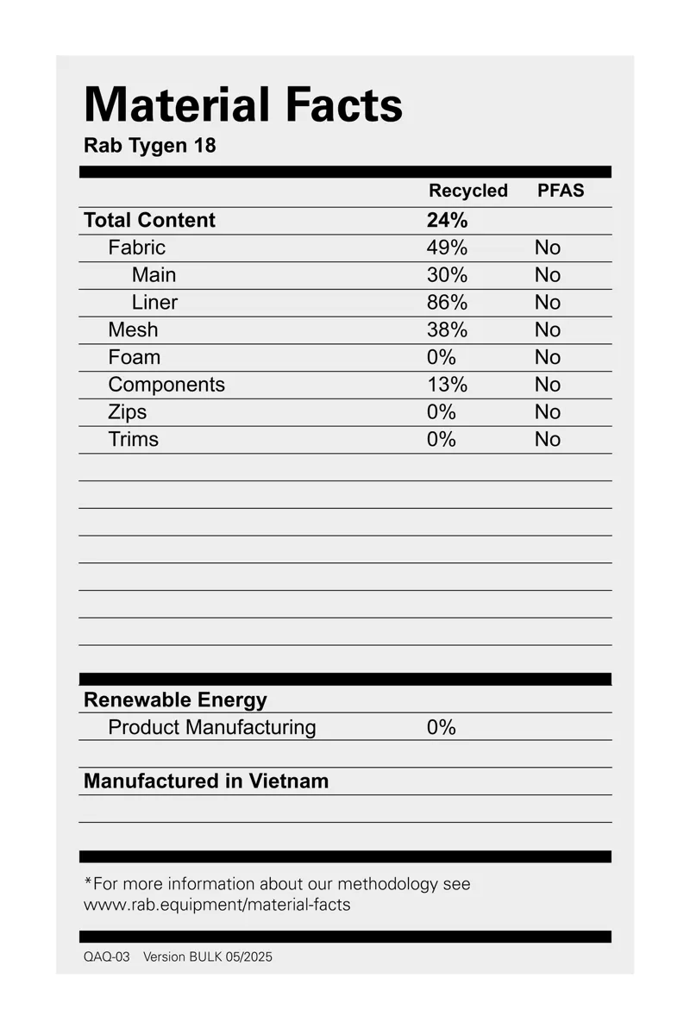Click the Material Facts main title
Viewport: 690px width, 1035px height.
pyautogui.click(x=243, y=105)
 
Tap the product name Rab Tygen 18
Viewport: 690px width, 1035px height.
pyautogui.click(x=149, y=145)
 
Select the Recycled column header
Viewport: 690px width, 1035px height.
pyautogui.click(x=468, y=191)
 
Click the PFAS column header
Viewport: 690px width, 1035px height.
pyautogui.click(x=561, y=191)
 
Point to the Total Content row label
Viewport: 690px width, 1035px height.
pyautogui.click(x=149, y=220)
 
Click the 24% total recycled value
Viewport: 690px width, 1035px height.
pyautogui.click(x=447, y=220)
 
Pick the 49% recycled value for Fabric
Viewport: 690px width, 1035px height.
pyautogui.click(x=447, y=248)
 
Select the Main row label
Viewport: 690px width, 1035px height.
pyautogui.click(x=154, y=275)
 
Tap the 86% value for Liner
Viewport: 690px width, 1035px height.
pyautogui.click(x=447, y=303)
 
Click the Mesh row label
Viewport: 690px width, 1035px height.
pyautogui.click(x=133, y=329)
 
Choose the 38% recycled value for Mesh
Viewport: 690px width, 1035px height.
pyautogui.click(x=447, y=329)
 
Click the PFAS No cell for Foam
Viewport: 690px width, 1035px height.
pyautogui.click(x=547, y=357)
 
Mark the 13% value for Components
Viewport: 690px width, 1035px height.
pyautogui.click(x=447, y=385)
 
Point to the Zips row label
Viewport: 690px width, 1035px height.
pyautogui.click(x=128, y=412)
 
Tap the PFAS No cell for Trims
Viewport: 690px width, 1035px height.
pyautogui.click(x=547, y=439)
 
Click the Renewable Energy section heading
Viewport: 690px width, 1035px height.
pyautogui.click(x=175, y=699)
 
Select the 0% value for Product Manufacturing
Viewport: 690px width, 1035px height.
pyautogui.click(x=441, y=727)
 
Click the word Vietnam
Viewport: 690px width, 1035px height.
pyautogui.click(x=289, y=781)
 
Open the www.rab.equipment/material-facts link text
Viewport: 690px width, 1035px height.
pyautogui.click(x=216, y=905)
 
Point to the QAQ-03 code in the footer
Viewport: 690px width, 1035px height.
pyautogui.click(x=107, y=957)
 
